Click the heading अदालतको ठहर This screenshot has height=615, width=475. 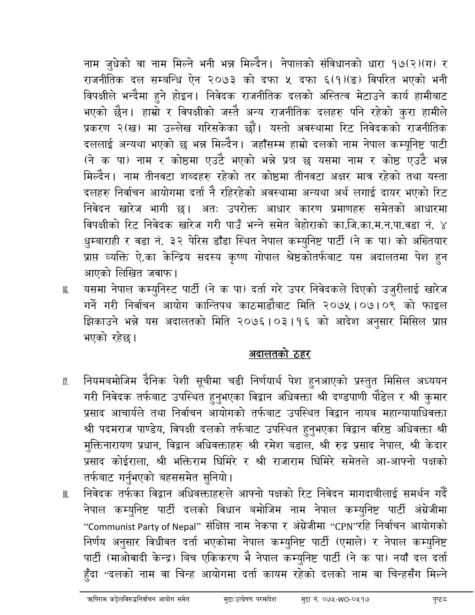[279, 354]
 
